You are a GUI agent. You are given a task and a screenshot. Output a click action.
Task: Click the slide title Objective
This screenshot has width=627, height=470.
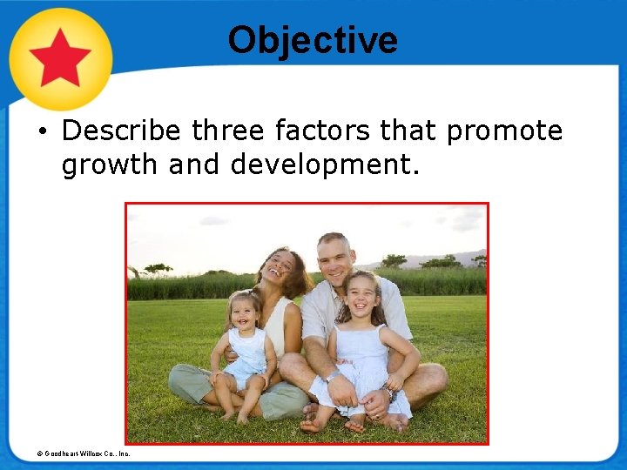coord(313,40)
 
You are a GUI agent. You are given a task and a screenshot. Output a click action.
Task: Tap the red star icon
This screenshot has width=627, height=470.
coord(60,57)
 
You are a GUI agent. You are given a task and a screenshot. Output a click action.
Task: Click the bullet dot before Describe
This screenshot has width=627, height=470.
coord(42,132)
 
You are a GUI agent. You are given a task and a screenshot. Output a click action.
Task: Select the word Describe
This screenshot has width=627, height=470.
coord(121,131)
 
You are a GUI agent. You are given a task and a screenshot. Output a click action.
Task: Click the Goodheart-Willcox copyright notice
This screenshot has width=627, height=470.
coord(84,453)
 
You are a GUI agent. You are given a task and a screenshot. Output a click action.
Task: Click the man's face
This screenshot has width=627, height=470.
coord(335,258)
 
